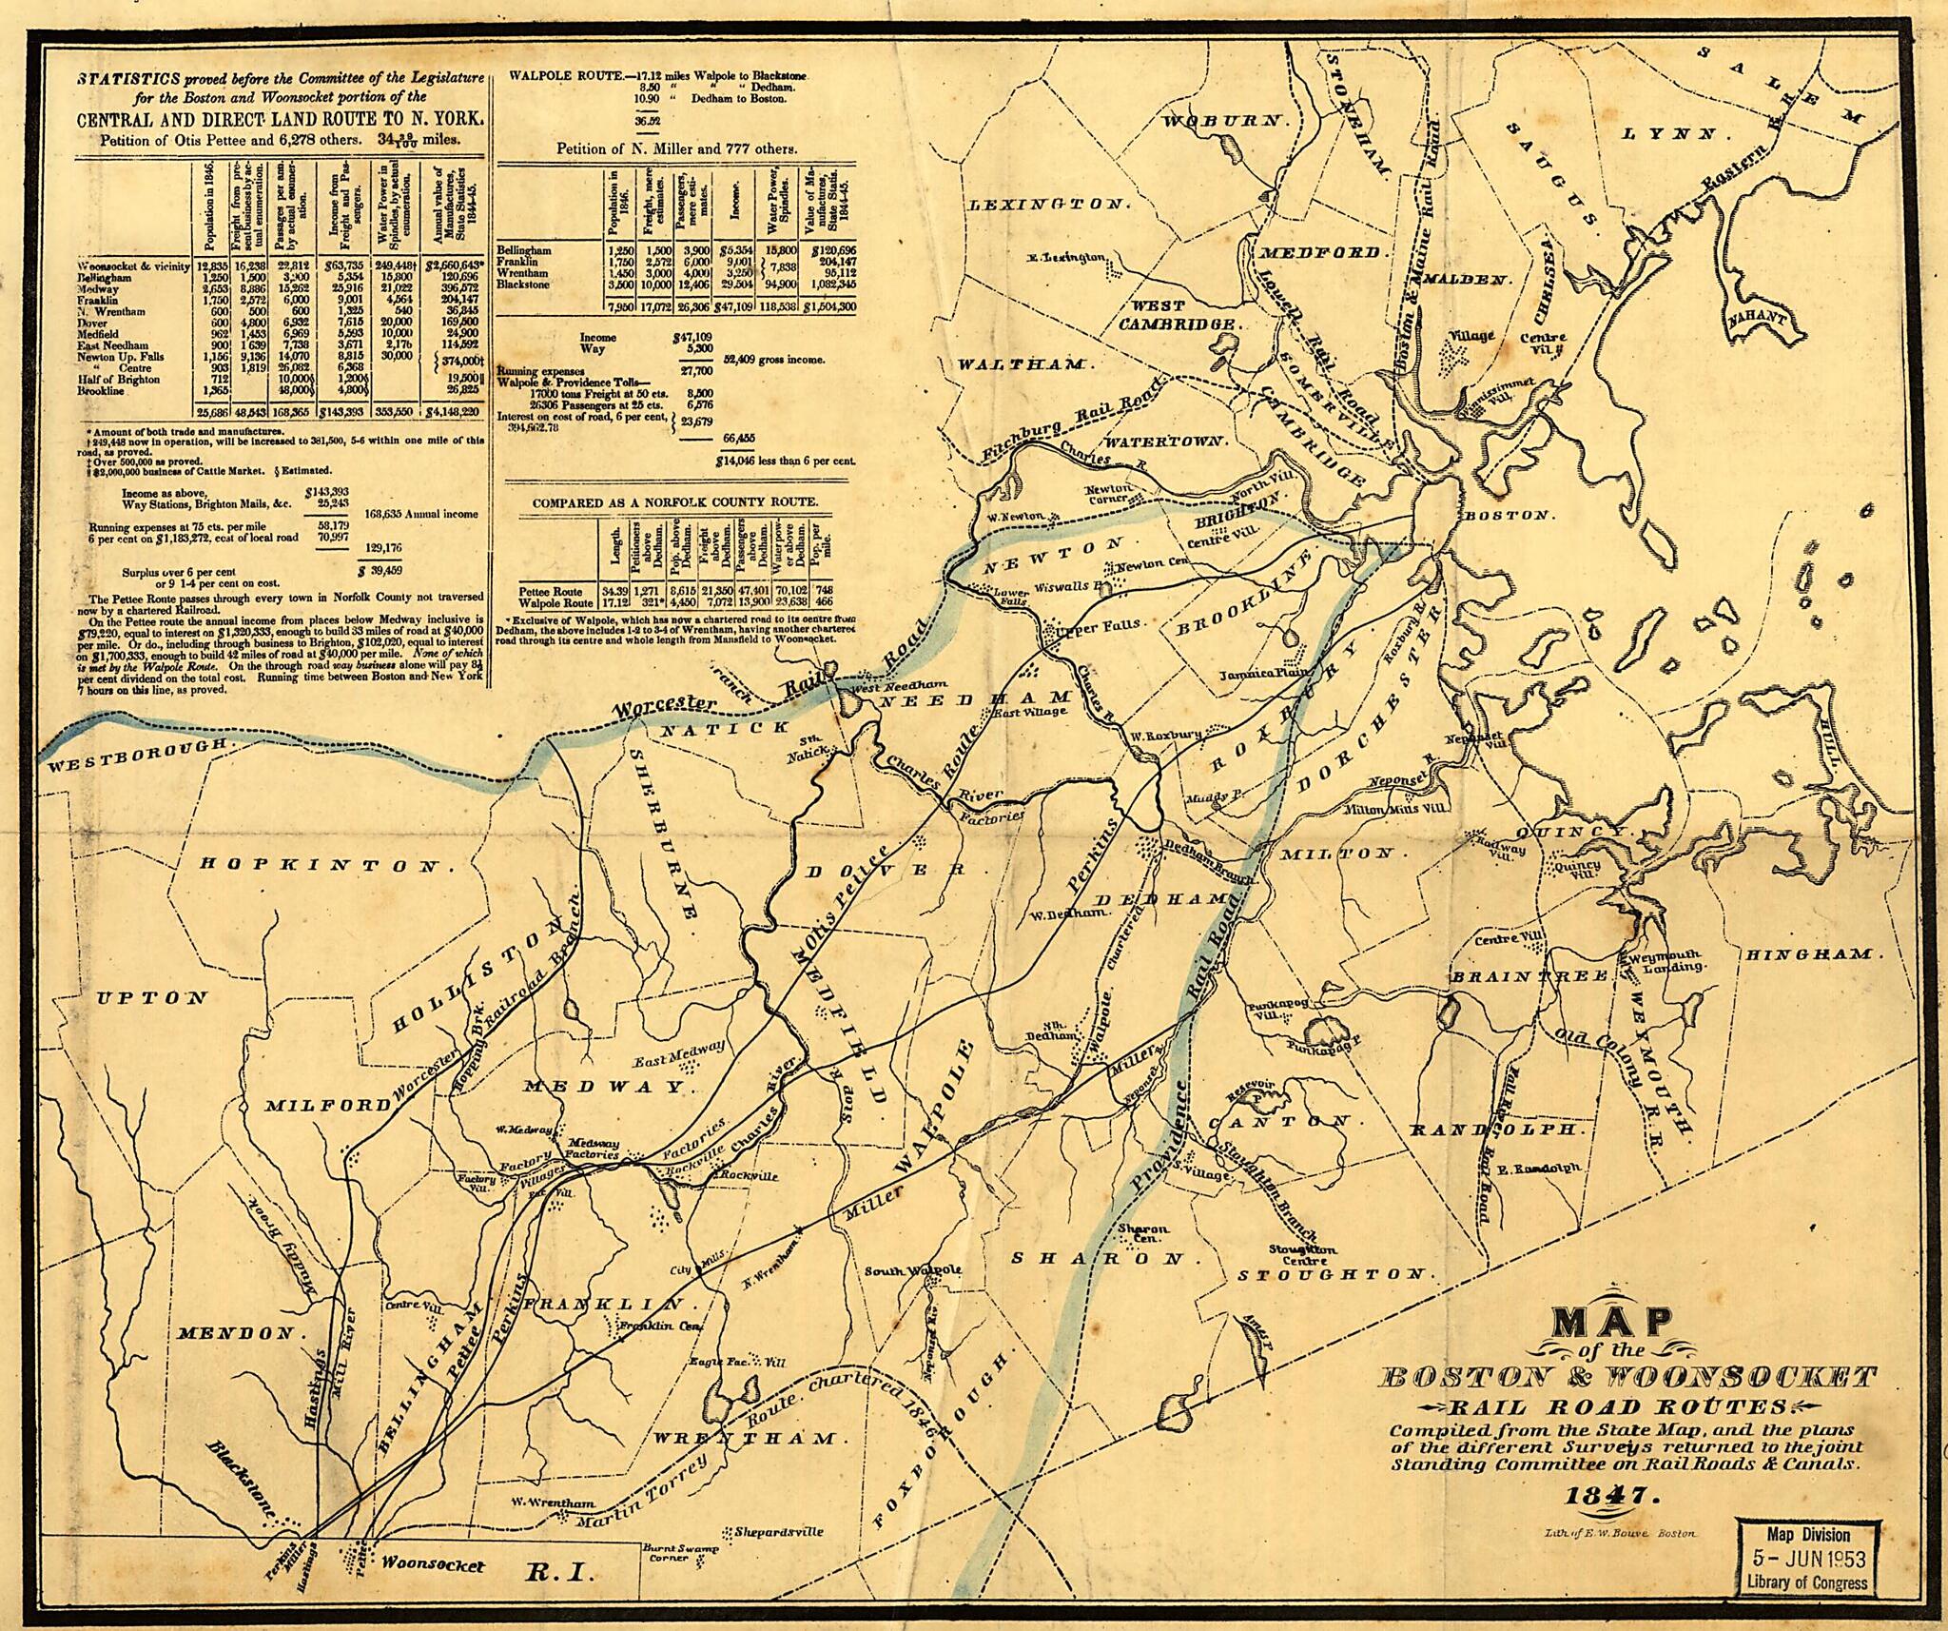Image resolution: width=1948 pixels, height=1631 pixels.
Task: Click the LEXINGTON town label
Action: point(1046,205)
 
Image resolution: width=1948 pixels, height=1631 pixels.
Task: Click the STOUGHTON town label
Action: point(1334,1273)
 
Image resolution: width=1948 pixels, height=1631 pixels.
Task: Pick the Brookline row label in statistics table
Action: point(104,390)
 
